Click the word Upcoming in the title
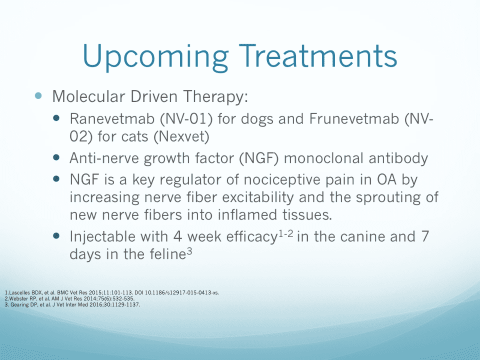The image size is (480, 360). pyautogui.click(x=155, y=57)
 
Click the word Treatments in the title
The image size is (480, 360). pyautogui.click(x=318, y=55)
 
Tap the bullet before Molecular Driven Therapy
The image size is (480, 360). pyautogui.click(x=38, y=95)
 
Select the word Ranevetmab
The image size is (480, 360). pyautogui.click(x=112, y=119)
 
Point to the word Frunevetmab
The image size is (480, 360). pyautogui.click(x=354, y=119)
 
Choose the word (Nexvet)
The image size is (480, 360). pyautogui.click(x=181, y=136)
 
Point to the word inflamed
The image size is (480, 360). pyautogui.click(x=241, y=214)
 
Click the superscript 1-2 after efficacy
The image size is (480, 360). pyautogui.click(x=286, y=234)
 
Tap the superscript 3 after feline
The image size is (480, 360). pyautogui.click(x=189, y=251)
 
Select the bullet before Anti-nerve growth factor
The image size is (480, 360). pyautogui.click(x=56, y=157)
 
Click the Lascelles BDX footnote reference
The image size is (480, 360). pyautogui.click(x=112, y=292)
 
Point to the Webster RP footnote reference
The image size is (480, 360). pyautogui.click(x=70, y=298)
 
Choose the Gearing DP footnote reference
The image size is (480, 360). pyautogui.click(x=72, y=304)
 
